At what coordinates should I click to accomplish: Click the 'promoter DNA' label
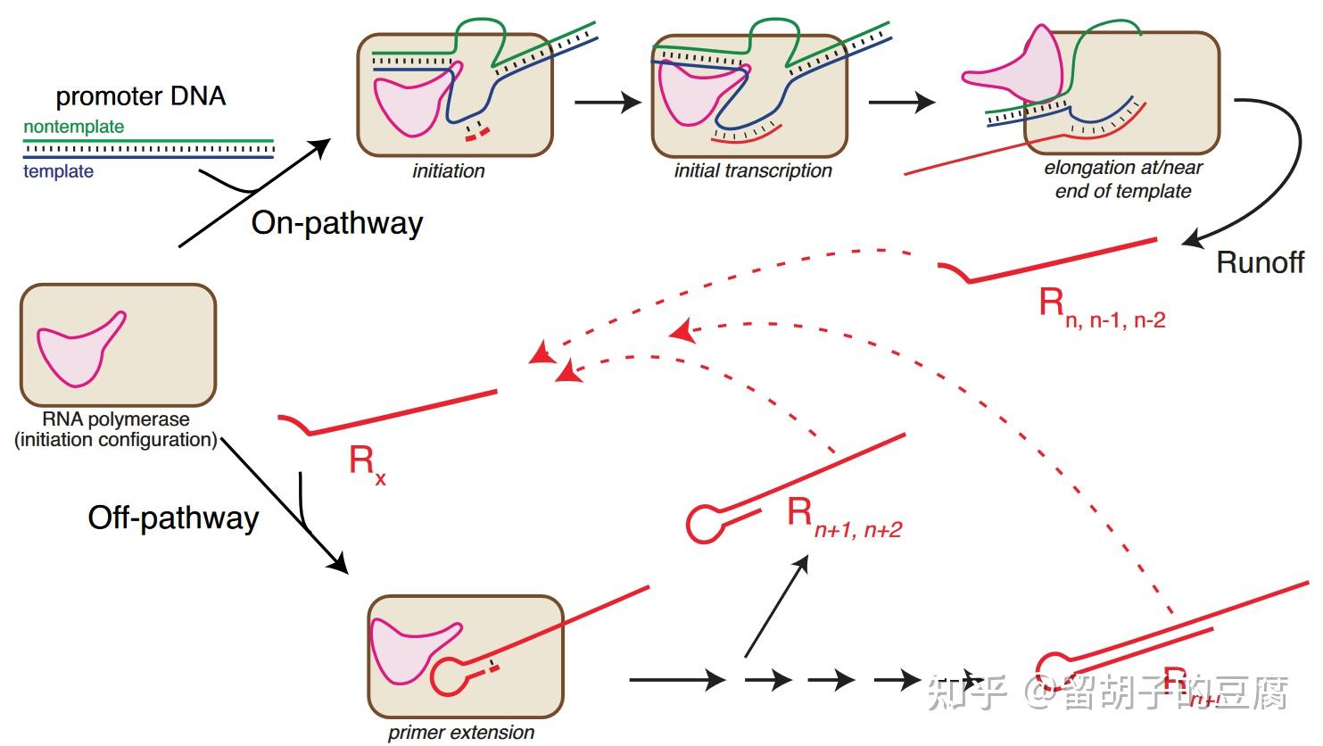click(140, 96)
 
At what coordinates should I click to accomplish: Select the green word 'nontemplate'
click(73, 127)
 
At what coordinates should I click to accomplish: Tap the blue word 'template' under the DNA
click(58, 171)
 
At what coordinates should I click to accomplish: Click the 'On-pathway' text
click(336, 222)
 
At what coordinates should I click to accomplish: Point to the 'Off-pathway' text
click(173, 518)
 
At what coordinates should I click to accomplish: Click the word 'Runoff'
click(1260, 262)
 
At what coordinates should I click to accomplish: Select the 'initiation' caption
click(448, 171)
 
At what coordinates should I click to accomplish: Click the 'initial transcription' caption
click(752, 171)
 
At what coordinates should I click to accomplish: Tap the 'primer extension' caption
click(461, 733)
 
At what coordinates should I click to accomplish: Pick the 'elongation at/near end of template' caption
click(1122, 179)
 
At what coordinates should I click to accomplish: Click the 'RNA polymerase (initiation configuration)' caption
click(116, 429)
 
